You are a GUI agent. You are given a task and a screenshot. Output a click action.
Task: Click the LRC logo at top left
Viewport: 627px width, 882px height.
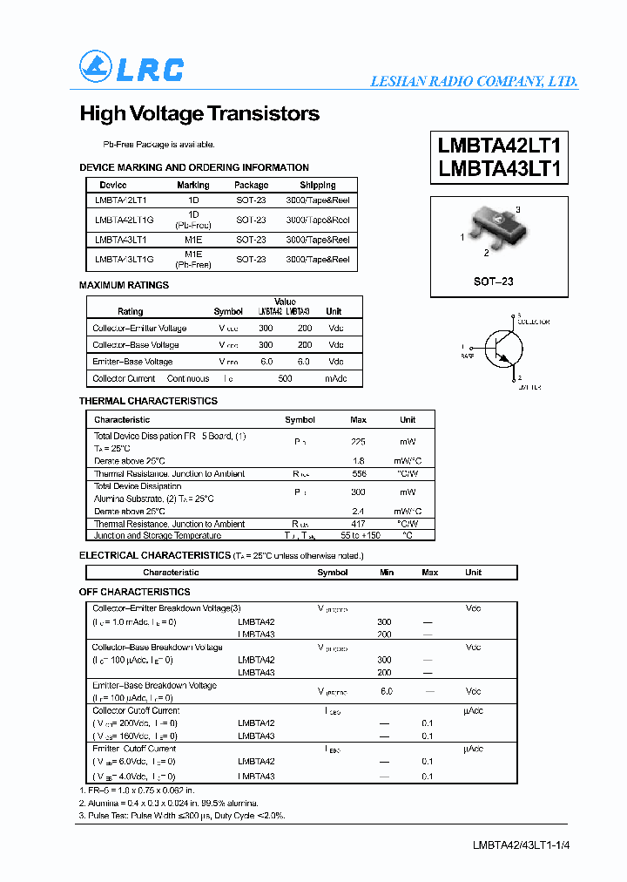[131, 68]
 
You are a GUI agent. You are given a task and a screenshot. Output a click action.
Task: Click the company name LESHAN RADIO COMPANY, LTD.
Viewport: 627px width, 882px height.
[474, 81]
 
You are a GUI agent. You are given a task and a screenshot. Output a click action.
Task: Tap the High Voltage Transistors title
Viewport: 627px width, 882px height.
[199, 114]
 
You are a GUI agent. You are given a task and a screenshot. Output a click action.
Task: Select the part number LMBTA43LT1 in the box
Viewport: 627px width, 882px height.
[499, 169]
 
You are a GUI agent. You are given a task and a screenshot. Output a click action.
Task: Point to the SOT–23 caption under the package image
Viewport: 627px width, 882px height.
[494, 281]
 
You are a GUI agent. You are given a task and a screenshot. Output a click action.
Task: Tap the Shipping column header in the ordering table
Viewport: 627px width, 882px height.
[318, 185]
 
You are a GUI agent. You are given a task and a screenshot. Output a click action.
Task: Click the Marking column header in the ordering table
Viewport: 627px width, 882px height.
[192, 185]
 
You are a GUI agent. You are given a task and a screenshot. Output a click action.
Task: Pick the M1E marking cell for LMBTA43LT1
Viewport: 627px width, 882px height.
[192, 240]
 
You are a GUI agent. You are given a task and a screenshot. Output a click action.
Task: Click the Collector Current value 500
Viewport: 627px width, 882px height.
[285, 379]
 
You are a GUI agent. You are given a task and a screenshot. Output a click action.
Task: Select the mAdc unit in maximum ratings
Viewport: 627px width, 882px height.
[335, 379]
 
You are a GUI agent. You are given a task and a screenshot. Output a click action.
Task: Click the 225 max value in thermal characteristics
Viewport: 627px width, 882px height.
[358, 442]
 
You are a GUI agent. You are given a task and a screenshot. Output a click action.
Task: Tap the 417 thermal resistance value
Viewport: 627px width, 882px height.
[358, 525]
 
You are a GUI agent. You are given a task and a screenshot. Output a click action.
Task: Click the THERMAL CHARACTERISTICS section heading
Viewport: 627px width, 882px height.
[148, 401]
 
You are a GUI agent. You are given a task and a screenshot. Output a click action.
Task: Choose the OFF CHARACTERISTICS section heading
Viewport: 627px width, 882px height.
[134, 592]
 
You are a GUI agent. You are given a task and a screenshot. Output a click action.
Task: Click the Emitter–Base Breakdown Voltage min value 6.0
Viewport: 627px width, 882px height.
[387, 691]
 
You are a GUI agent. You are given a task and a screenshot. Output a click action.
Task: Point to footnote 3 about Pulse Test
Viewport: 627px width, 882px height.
[182, 815]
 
